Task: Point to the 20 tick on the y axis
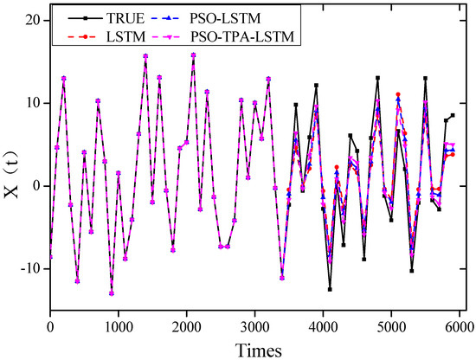tap(31, 18)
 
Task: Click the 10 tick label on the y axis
tap(31, 102)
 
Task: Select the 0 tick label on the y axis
tap(35, 185)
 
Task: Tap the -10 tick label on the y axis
tap(28, 268)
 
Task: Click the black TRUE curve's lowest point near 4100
tap(330, 289)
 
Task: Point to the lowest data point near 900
tap(112, 292)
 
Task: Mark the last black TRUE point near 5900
tap(453, 115)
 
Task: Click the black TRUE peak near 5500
tap(426, 78)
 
